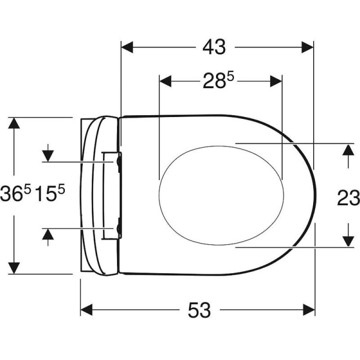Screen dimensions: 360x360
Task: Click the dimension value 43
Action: click(214, 47)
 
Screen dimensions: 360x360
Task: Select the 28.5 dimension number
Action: click(218, 81)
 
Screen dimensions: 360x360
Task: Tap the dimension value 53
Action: click(199, 310)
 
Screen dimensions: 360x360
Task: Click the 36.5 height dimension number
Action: click(16, 193)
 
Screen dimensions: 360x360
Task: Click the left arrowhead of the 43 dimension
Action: click(127, 47)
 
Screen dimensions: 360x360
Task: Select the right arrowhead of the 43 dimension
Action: click(307, 47)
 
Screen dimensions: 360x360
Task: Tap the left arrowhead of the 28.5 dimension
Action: click(165, 81)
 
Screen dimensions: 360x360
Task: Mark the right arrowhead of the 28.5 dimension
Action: click(276, 81)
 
